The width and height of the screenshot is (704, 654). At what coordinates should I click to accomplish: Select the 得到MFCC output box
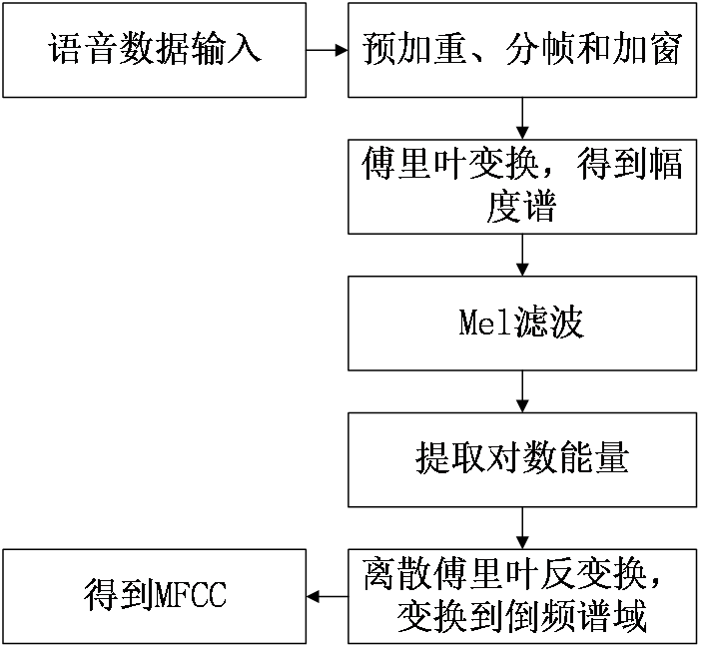click(x=154, y=596)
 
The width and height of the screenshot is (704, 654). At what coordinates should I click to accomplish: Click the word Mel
click(x=483, y=324)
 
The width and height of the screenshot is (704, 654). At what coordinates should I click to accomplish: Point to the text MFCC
click(x=191, y=597)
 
